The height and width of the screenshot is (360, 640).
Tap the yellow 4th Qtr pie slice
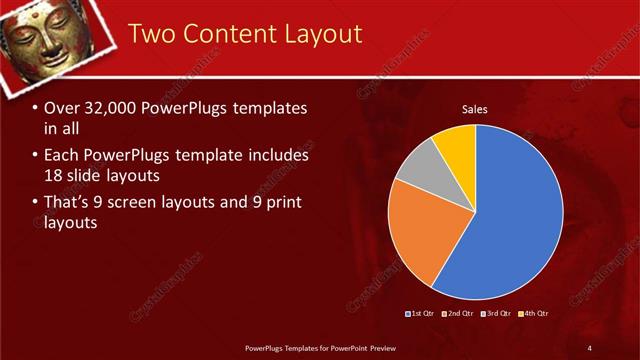point(457,145)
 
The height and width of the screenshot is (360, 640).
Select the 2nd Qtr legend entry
point(460,314)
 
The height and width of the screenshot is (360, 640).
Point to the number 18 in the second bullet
point(56,176)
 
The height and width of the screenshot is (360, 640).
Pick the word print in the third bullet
point(284,202)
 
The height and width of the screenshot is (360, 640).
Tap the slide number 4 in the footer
point(590,347)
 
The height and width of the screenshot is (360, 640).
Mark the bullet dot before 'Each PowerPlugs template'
point(35,156)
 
